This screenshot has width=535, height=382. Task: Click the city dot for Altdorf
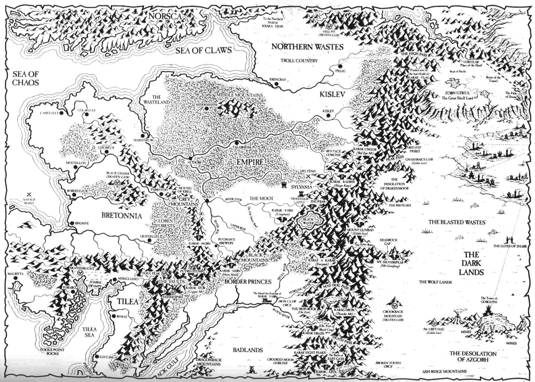(x=190, y=158)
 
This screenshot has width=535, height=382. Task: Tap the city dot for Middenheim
(x=206, y=108)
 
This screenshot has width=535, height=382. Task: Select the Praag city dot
(x=340, y=66)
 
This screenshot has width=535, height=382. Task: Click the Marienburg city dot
(x=143, y=136)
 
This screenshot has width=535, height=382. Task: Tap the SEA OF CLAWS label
(x=203, y=50)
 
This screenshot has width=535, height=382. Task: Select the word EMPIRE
(x=250, y=162)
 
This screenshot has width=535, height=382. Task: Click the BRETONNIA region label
(x=122, y=216)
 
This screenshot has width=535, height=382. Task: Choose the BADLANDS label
(x=248, y=350)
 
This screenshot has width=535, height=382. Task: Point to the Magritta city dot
(x=16, y=278)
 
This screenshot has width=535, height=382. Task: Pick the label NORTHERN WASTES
(x=307, y=47)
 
